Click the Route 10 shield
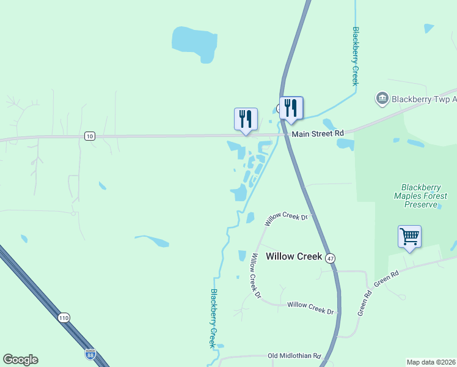pos(90,136)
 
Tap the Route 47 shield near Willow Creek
pos(330,258)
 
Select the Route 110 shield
pos(64,317)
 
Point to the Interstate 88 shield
pos(90,354)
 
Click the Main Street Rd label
pos(318,133)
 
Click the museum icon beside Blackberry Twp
pos(382,98)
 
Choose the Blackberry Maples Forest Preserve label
pos(424,196)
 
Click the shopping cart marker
pos(409,236)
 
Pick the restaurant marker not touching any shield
pos(246,119)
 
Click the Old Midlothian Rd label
pos(294,355)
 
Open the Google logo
pos(20,360)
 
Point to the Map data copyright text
pos(431,361)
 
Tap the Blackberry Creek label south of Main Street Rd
pos(214,318)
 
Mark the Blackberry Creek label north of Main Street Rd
pos(354,56)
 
